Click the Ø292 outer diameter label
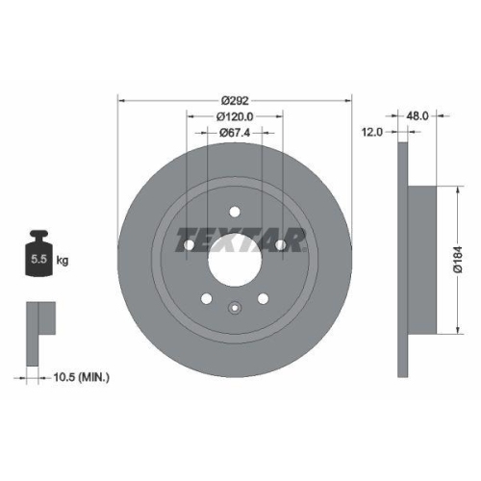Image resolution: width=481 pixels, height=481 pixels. [235, 100]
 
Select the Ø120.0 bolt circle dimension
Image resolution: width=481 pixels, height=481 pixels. [235, 116]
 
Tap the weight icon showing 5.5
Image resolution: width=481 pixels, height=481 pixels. [39, 255]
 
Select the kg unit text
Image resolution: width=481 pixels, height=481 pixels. [63, 261]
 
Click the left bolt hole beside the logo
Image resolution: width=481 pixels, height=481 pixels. [190, 246]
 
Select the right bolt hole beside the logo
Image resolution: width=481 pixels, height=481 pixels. [280, 246]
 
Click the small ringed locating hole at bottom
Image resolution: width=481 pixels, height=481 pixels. [235, 308]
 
